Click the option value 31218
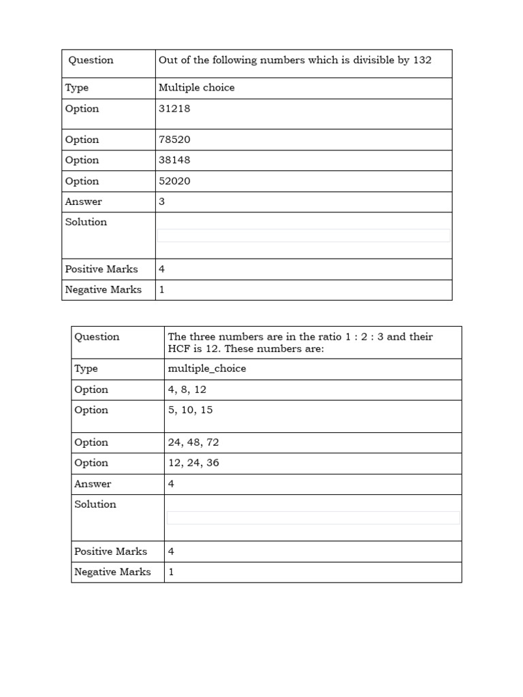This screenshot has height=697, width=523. tap(174, 109)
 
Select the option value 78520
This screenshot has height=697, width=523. tap(174, 140)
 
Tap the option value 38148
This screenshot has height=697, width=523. tap(174, 160)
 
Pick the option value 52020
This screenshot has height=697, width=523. tap(174, 181)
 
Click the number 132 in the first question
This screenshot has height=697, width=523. tap(422, 60)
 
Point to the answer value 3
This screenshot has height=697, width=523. tap(162, 201)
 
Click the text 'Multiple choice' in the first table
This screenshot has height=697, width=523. tap(196, 88)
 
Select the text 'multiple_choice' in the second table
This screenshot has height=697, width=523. tap(207, 368)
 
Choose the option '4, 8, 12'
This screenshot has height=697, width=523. tap(187, 389)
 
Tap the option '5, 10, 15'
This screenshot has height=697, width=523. tap(190, 410)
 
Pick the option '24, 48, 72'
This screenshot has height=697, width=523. tap(193, 442)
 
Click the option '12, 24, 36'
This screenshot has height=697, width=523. tap(193, 463)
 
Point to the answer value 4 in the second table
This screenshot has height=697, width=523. tap(171, 484)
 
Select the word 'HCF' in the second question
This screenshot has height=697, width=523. tap(178, 348)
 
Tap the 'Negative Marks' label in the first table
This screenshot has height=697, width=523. tap(104, 290)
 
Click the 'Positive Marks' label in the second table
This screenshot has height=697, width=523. tap(110, 551)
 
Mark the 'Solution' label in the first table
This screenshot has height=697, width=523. tap(86, 222)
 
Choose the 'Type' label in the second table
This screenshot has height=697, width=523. tap(86, 368)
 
